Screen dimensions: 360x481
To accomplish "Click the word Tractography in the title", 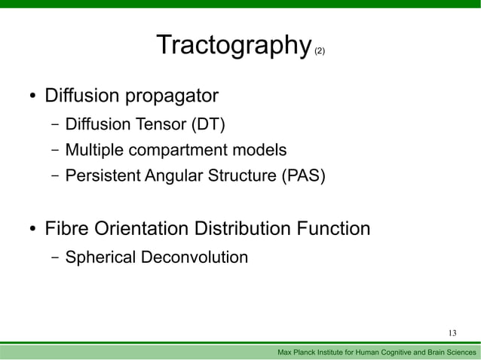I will (233, 46).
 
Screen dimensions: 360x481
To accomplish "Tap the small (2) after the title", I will (320, 51).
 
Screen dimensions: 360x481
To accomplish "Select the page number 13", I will (452, 334).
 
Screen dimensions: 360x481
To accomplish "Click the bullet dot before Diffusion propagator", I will (32, 97).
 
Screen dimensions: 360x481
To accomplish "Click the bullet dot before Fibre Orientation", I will (32, 230).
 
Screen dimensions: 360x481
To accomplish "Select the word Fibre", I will (66, 228).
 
